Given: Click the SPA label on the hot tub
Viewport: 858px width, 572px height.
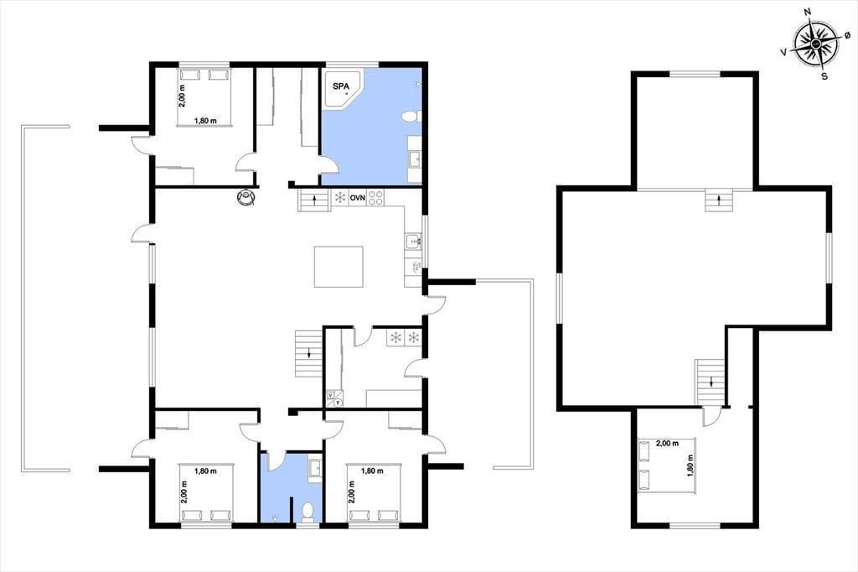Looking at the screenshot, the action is tap(341, 86).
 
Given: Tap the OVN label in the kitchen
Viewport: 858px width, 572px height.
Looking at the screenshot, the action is tap(357, 197).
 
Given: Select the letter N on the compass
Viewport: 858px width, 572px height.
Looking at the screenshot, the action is tap(807, 27).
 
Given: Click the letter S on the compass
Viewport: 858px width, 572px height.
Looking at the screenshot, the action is tap(824, 76).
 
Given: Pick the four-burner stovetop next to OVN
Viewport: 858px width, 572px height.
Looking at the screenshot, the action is tap(375, 197).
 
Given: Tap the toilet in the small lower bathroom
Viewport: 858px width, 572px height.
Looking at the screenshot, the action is tap(308, 512).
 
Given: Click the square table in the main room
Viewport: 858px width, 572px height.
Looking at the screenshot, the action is tap(339, 267).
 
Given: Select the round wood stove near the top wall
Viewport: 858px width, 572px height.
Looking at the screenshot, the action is tap(246, 198).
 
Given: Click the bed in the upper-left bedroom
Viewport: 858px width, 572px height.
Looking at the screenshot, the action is tap(204, 97).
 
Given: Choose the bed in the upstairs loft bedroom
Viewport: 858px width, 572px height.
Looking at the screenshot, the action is tap(666, 465).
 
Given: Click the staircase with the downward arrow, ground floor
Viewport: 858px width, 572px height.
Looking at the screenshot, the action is tap(309, 353).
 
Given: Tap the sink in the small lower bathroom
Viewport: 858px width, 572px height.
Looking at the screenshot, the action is tap(315, 468).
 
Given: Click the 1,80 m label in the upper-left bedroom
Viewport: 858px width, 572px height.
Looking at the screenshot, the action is tap(205, 121).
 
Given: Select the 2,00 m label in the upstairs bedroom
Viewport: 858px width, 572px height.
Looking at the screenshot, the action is tap(667, 443).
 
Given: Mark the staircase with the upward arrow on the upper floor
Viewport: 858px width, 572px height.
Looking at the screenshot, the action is tap(719, 200).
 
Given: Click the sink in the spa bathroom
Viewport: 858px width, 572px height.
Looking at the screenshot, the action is tap(415, 159).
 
